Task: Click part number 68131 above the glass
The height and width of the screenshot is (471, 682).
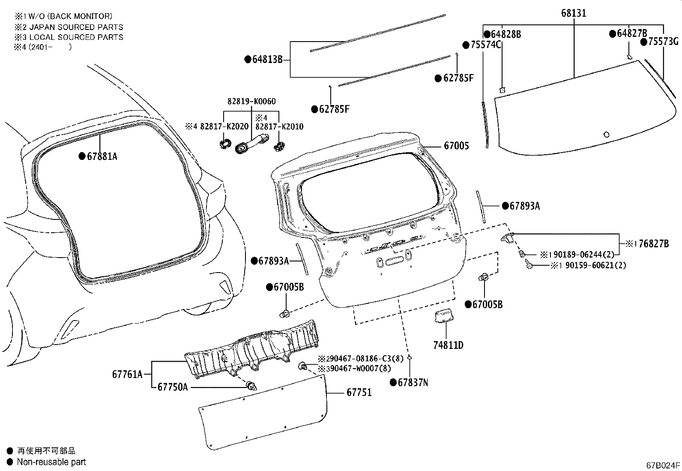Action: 574,13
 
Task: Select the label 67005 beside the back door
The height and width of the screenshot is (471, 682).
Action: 456,146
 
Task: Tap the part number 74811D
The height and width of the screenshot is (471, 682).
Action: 448,345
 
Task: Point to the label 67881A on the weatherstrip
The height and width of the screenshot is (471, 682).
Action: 102,156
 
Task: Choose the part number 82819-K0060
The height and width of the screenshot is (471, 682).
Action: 251,101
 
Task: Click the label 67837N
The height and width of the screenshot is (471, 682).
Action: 413,382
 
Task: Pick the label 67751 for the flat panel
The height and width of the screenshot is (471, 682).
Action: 359,393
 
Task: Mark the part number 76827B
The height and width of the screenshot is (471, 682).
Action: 654,244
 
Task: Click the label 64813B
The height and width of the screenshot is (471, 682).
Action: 267,59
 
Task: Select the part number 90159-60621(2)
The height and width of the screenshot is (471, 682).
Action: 595,265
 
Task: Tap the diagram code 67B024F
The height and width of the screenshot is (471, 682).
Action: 663,465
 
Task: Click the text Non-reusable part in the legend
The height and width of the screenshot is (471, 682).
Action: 51,462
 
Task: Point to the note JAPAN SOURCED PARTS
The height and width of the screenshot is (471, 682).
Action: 76,27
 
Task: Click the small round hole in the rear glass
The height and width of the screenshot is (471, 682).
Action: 607,134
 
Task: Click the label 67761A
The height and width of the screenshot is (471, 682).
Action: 127,374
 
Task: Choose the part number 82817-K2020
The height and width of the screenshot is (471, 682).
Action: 224,126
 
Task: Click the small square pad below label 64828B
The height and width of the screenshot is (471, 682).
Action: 503,90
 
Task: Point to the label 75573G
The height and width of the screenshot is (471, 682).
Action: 663,42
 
